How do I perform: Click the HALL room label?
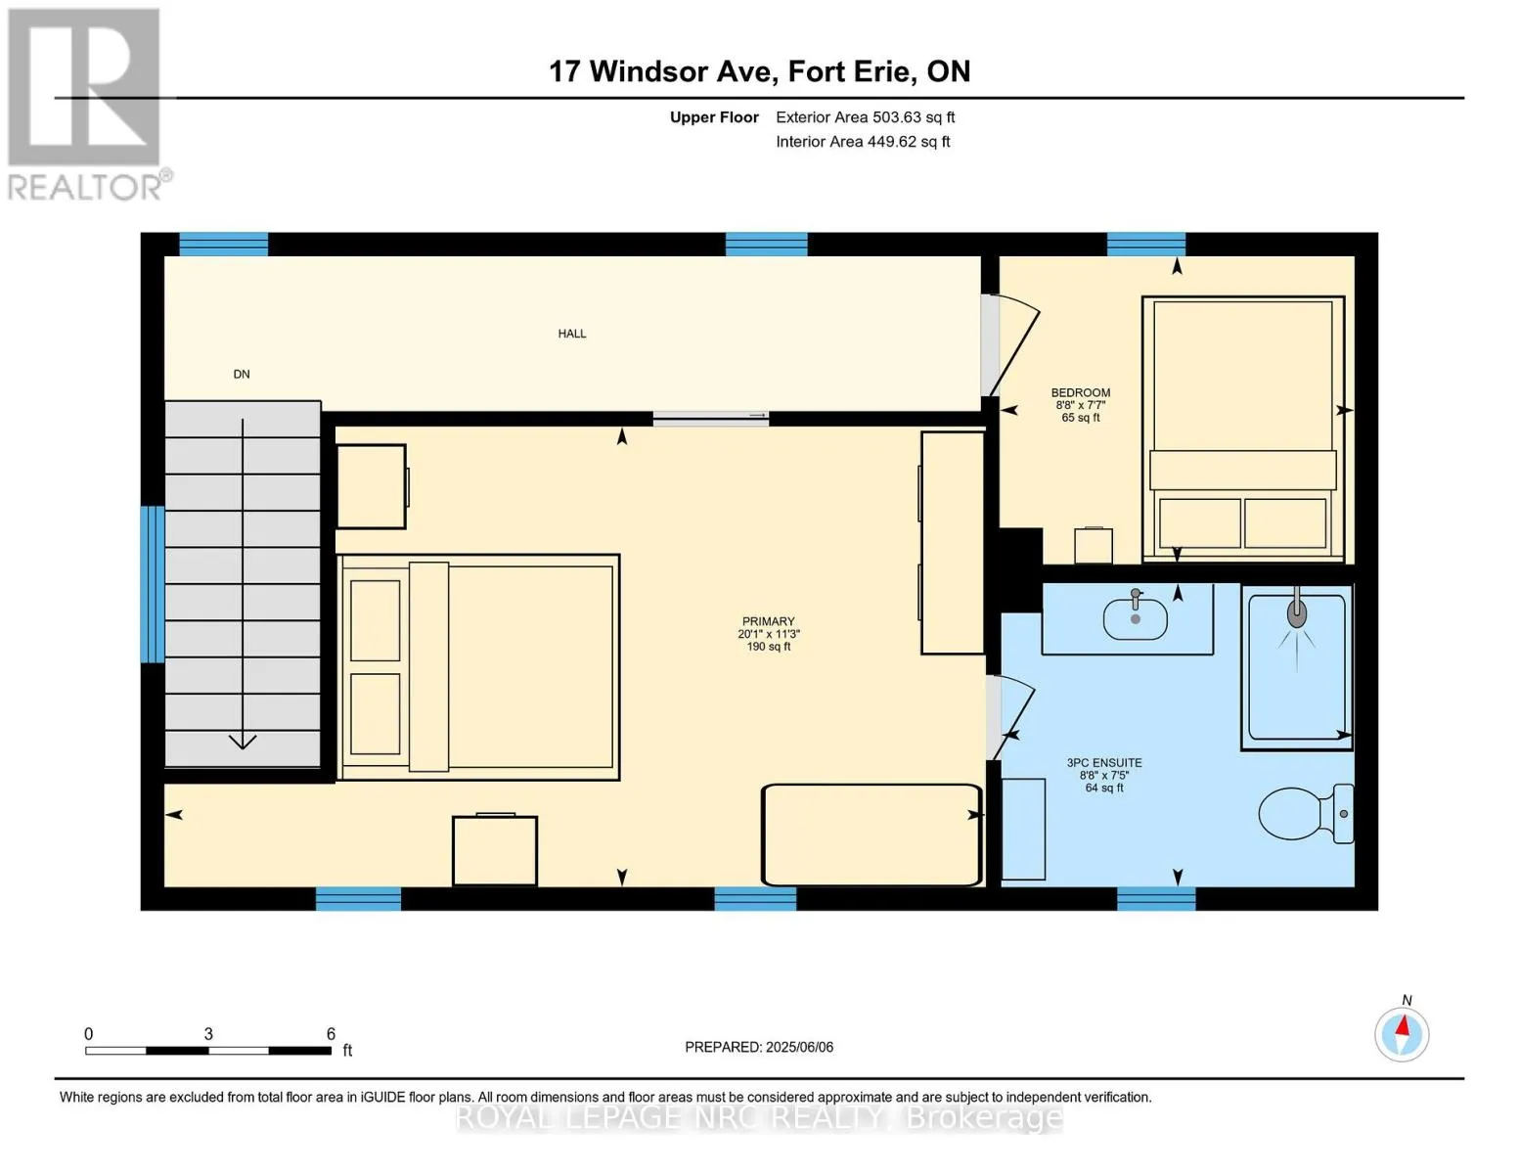(571, 334)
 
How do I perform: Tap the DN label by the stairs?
(242, 374)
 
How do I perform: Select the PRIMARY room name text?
(768, 621)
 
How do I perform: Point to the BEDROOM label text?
(1080, 393)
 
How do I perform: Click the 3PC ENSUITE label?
(1103, 763)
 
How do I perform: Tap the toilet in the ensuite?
(1305, 813)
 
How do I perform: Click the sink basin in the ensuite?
(1135, 619)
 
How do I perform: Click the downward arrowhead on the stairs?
(243, 741)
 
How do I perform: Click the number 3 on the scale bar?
(208, 1033)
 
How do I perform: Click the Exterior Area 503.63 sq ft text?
(865, 117)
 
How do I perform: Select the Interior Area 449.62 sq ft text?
(863, 142)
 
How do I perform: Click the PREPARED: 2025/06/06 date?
(758, 1047)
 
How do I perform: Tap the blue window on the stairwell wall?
(153, 584)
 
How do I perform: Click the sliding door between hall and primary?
(711, 418)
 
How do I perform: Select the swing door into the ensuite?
(1010, 717)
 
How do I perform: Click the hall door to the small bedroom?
(1011, 345)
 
